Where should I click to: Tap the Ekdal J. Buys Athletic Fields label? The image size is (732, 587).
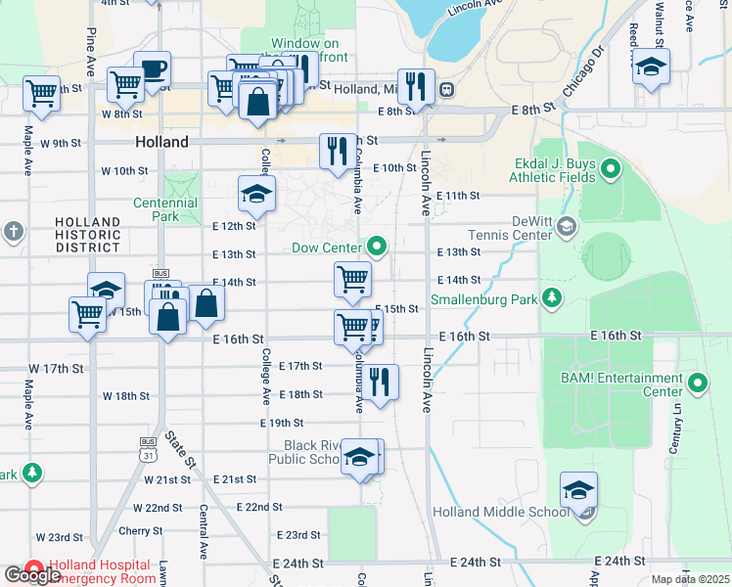pyautogui.click(x=552, y=170)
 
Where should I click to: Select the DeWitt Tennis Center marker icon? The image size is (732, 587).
pyautogui.click(x=567, y=228)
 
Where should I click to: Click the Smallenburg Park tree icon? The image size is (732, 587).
pyautogui.click(x=552, y=297)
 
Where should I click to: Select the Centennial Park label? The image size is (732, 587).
pyautogui.click(x=165, y=209)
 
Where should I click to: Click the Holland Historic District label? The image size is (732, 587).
pyautogui.click(x=87, y=235)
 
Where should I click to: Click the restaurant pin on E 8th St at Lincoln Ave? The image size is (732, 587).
pyautogui.click(x=416, y=86)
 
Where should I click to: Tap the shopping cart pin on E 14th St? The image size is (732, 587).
pyautogui.click(x=352, y=279)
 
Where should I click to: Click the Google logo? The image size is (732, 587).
pyautogui.click(x=32, y=575)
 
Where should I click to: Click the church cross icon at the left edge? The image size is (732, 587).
pyautogui.click(x=13, y=232)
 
